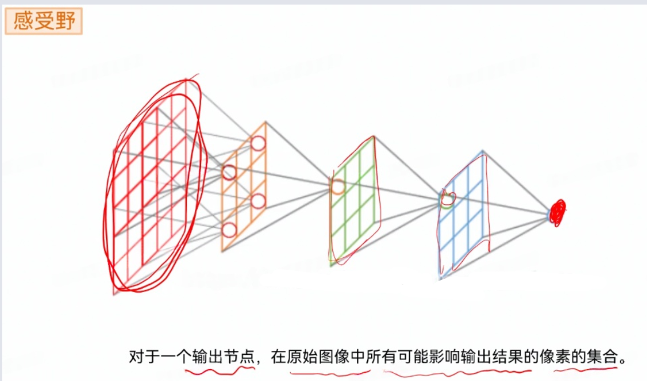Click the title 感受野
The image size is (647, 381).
[x=43, y=22]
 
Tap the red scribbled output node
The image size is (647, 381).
[x=557, y=212]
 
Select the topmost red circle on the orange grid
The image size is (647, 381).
[x=258, y=143]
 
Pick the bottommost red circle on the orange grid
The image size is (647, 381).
[x=229, y=230]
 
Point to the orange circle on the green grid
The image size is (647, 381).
[x=337, y=187]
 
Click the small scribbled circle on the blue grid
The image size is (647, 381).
[x=447, y=199]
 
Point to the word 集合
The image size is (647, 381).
[x=602, y=358]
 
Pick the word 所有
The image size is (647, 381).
[x=382, y=358]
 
